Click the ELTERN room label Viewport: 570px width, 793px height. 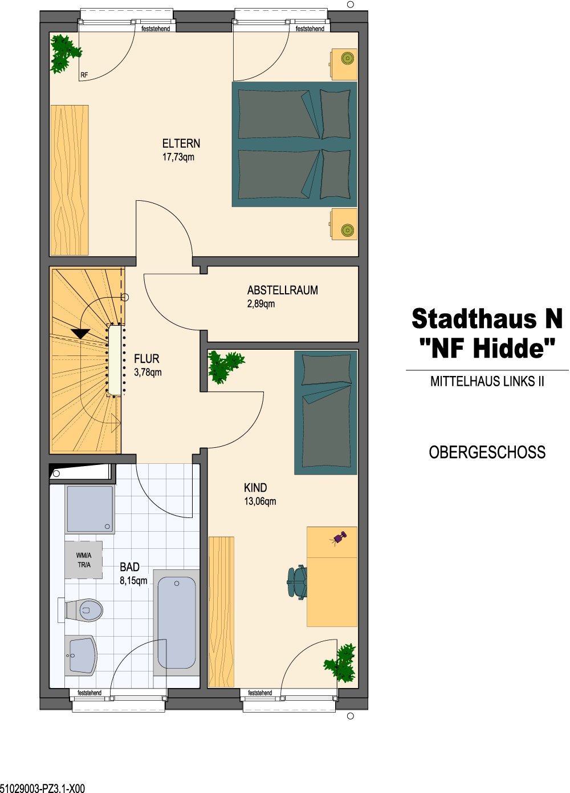181,143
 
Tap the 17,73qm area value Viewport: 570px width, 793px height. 178,157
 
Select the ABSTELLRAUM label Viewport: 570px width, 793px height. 283,290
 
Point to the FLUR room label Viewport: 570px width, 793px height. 146,359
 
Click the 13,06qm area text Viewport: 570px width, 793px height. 260,501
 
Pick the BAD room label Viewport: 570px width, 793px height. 129,567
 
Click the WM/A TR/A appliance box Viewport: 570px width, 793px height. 83,560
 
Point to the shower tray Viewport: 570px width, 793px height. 90,509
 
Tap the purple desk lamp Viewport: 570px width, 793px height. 339,537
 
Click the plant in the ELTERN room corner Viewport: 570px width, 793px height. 65,54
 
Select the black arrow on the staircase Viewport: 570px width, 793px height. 80,334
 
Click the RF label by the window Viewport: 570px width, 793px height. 84,75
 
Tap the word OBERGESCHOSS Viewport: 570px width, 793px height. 487,452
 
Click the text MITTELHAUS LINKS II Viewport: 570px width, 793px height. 487,381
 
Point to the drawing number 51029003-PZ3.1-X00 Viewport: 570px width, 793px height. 42,788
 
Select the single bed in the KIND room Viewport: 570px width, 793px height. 325,412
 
